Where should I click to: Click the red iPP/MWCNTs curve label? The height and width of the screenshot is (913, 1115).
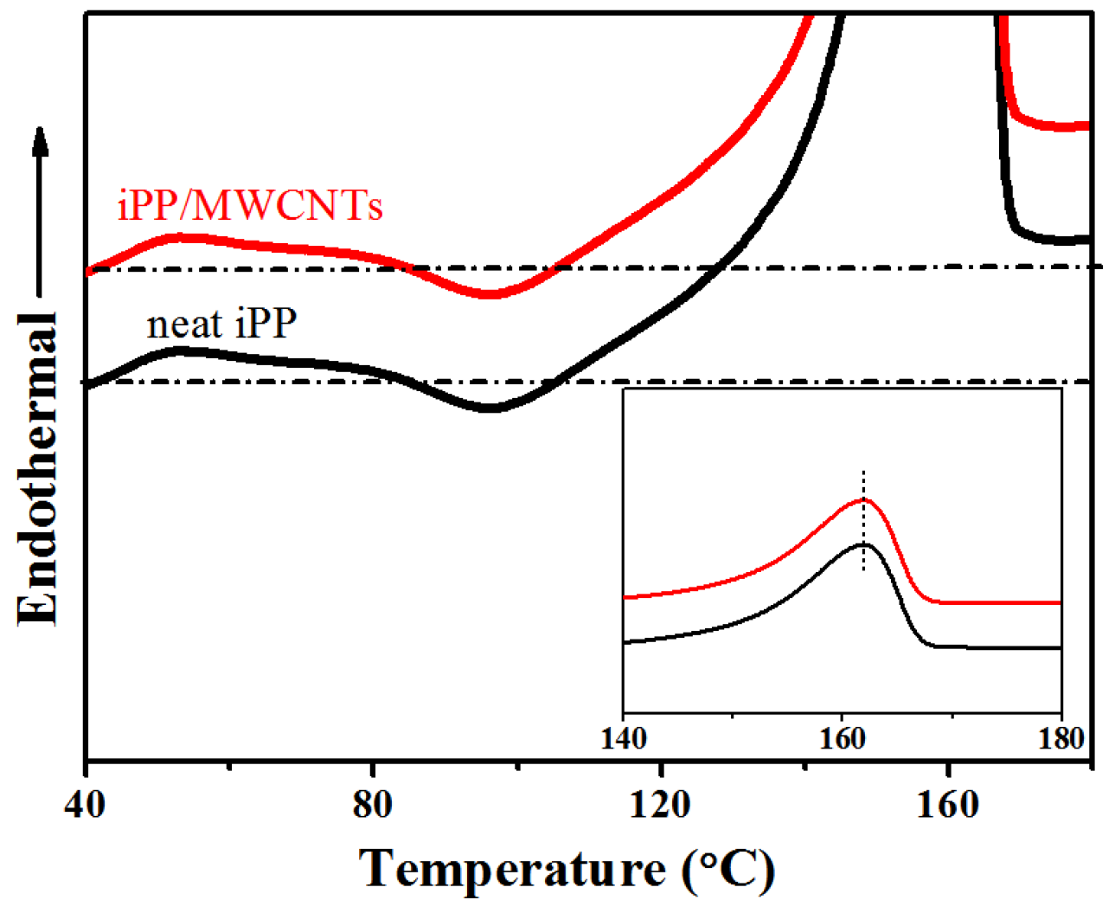point(250,206)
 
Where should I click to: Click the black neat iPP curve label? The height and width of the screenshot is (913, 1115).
point(222,324)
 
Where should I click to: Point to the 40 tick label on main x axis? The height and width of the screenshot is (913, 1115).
point(85,805)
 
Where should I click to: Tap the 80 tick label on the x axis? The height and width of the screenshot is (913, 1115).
point(372,805)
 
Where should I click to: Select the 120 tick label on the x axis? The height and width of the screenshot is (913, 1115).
point(660,805)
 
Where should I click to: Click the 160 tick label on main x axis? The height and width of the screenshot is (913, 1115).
point(949,805)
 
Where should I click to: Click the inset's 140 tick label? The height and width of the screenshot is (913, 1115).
point(624,738)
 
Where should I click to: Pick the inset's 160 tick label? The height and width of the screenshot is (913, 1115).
point(842,738)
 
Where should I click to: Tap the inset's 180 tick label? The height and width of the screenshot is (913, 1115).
point(1061,738)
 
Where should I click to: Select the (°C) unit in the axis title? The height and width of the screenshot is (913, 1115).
point(727,869)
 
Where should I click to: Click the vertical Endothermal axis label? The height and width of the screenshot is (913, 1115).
point(38,467)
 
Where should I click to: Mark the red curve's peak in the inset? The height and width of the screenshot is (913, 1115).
point(862,499)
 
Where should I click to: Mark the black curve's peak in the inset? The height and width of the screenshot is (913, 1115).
point(862,544)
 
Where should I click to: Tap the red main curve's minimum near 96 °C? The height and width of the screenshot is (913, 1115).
point(490,295)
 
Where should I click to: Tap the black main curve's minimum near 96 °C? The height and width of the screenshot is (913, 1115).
point(490,408)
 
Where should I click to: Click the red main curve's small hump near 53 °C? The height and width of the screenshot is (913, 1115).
point(182,236)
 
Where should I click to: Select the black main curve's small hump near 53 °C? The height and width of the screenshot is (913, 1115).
point(182,350)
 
